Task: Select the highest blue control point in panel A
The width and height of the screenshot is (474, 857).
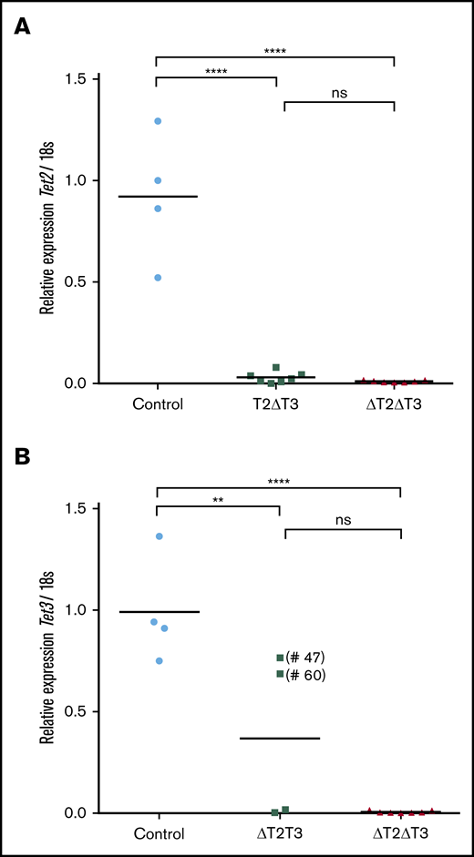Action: click(x=158, y=121)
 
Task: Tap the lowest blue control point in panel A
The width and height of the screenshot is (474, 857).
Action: click(x=158, y=278)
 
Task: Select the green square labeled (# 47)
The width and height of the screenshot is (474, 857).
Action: click(x=280, y=658)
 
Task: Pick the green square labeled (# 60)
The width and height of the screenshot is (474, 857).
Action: click(x=280, y=674)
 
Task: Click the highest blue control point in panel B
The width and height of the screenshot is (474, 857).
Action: click(x=159, y=536)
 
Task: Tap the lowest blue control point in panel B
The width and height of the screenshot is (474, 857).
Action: click(x=159, y=661)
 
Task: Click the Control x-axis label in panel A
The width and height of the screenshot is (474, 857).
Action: click(x=158, y=404)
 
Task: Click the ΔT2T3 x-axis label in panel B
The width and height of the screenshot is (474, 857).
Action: click(x=280, y=833)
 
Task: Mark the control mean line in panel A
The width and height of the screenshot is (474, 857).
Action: click(x=158, y=196)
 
